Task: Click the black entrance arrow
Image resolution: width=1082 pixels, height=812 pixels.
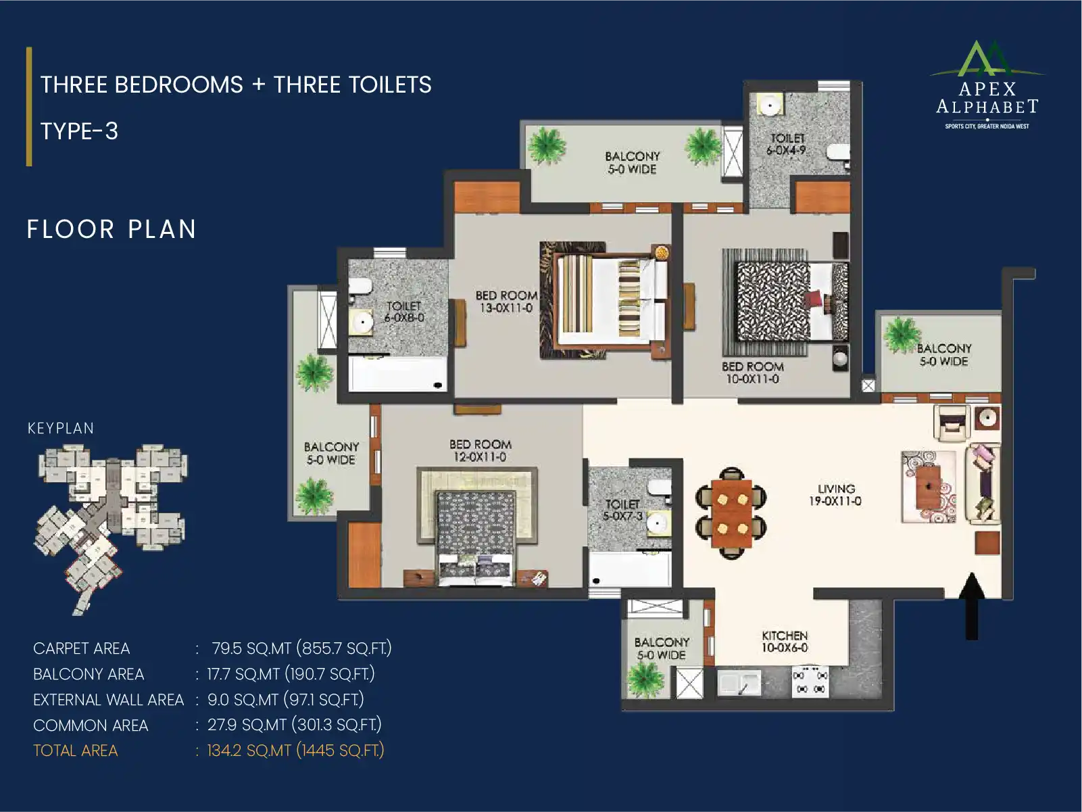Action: (972, 606)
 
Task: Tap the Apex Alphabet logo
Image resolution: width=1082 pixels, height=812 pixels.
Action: (987, 85)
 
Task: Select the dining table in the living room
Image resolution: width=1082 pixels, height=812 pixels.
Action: (731, 512)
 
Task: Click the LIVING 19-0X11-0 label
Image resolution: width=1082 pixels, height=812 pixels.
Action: (835, 495)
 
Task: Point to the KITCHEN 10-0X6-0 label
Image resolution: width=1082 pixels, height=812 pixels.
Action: (785, 642)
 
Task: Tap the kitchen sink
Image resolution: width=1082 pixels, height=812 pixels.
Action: (739, 684)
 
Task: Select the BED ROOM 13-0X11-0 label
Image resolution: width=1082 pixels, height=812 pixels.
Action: (506, 302)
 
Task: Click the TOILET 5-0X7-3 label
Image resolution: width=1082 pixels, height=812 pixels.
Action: (622, 510)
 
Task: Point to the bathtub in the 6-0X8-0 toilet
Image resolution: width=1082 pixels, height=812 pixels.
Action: (398, 374)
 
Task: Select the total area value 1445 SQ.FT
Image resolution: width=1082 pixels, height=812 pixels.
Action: (340, 751)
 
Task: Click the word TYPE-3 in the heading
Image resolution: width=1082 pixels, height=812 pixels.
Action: (79, 131)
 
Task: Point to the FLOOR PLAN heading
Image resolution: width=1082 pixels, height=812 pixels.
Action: (112, 229)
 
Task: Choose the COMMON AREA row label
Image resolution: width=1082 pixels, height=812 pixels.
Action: (91, 725)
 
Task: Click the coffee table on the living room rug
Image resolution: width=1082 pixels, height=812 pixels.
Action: (928, 487)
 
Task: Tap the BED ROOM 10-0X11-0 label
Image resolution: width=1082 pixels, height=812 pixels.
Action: (752, 373)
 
